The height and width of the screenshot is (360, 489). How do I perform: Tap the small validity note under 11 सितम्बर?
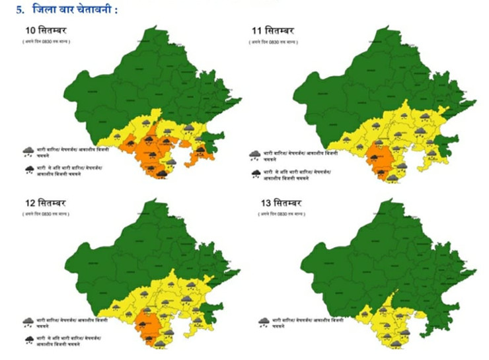click(x=276, y=42)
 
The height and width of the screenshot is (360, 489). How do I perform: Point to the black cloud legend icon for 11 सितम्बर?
click(x=255, y=174)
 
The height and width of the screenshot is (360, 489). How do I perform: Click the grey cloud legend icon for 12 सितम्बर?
click(x=28, y=322)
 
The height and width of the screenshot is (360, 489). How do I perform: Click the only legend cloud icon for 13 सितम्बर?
click(x=264, y=322)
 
